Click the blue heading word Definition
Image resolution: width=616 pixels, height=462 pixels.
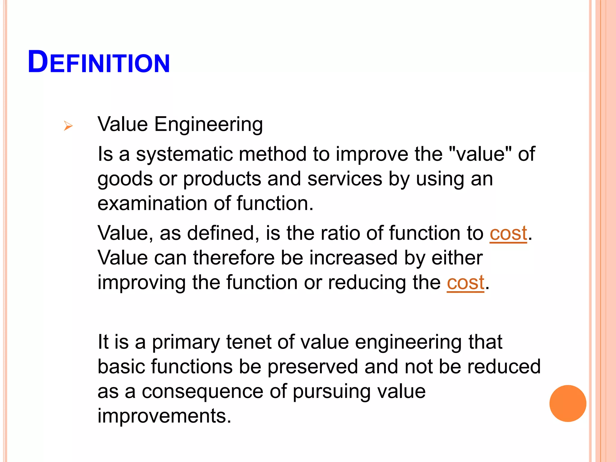click(x=99, y=62)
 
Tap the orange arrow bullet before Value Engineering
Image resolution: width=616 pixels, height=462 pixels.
click(x=68, y=126)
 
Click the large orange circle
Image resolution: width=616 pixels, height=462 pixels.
click(x=568, y=403)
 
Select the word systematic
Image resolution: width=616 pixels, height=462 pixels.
click(x=184, y=154)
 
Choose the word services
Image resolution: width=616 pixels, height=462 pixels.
click(x=345, y=179)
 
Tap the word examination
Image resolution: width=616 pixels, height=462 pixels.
click(x=152, y=203)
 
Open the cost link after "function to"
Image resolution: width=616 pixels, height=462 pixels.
click(x=508, y=234)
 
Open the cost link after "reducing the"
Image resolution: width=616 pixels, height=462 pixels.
click(x=465, y=283)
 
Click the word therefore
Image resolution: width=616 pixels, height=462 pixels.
click(x=234, y=258)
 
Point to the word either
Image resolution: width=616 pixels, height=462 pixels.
click(x=457, y=258)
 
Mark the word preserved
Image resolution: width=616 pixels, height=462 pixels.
click(x=313, y=367)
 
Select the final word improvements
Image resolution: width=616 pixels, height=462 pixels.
click(x=165, y=416)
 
